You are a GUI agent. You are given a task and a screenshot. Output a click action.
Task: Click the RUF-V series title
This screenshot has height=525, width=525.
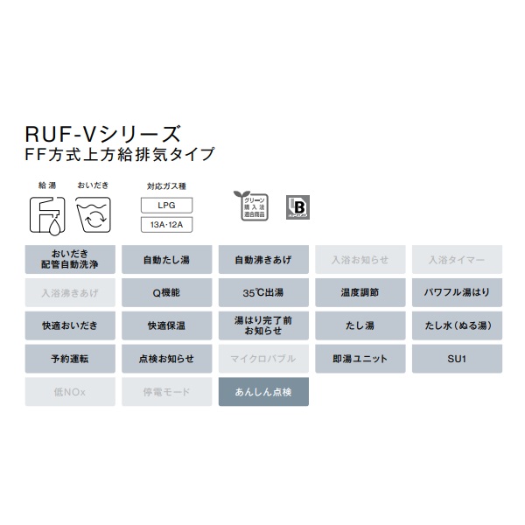pyautogui.click(x=102, y=134)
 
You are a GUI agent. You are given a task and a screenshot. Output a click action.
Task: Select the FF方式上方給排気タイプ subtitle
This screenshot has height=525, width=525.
pyautogui.click(x=118, y=157)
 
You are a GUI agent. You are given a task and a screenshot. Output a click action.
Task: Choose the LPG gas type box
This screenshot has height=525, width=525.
pyautogui.click(x=167, y=206)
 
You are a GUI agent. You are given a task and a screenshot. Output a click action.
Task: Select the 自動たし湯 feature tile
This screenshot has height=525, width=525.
pyautogui.click(x=166, y=260)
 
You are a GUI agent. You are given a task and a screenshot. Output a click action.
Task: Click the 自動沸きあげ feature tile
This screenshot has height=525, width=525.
pyautogui.click(x=262, y=260)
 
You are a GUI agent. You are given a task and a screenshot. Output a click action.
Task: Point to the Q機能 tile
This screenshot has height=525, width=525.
pyautogui.click(x=166, y=292)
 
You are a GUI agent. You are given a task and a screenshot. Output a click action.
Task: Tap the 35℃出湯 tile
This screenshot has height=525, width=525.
pyautogui.click(x=262, y=292)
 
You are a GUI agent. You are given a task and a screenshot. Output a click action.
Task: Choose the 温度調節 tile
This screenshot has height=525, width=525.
pyautogui.click(x=359, y=292)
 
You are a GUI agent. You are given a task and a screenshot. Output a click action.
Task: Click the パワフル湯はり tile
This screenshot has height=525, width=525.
pyautogui.click(x=456, y=292)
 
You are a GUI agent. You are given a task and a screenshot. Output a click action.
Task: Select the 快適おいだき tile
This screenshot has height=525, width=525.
pyautogui.click(x=70, y=325)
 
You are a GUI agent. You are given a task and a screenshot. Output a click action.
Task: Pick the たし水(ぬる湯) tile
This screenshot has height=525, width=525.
pyautogui.click(x=456, y=325)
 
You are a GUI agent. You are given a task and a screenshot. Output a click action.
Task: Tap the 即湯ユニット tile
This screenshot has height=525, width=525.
pyautogui.click(x=359, y=359)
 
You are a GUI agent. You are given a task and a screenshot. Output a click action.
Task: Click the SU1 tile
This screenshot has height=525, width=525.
pyautogui.click(x=456, y=359)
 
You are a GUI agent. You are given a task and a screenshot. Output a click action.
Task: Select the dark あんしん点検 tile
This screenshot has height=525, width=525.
pyautogui.click(x=262, y=392)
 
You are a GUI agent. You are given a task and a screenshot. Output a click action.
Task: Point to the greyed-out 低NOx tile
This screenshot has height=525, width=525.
pyautogui.click(x=70, y=392)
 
